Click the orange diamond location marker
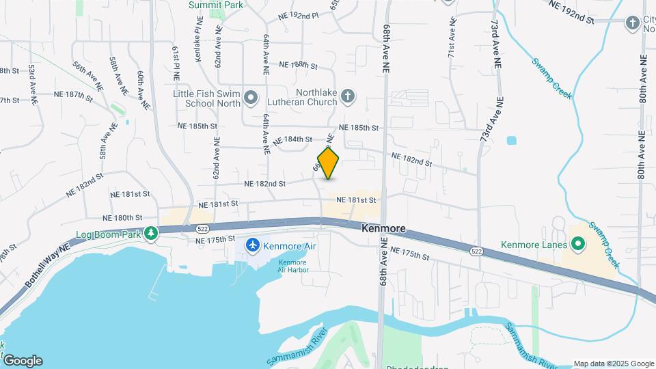click(329, 163)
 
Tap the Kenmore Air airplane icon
click(253, 244)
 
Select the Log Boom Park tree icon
click(150, 234)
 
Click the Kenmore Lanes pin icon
click(577, 244)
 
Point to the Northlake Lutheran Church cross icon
click(348, 96)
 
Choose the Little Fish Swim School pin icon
click(251, 99)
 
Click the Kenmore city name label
click(384, 228)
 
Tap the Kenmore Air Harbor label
click(293, 266)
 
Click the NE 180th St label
click(122, 217)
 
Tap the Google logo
click(23, 361)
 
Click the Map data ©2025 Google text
click(613, 364)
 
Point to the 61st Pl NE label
click(176, 61)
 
